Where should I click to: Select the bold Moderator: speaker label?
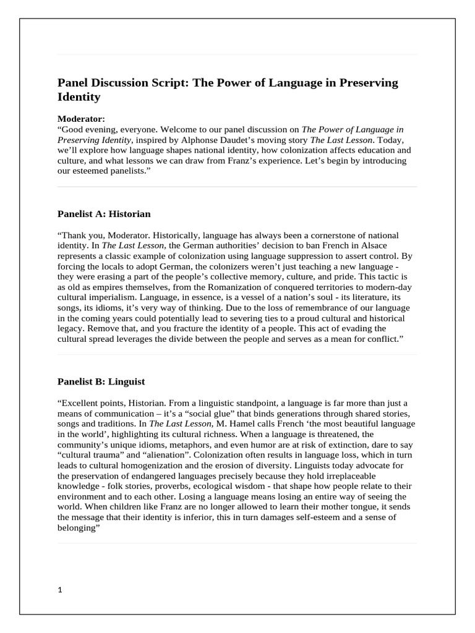(x=81, y=118)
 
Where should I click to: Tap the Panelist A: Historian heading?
(x=104, y=214)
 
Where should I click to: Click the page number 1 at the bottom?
(x=59, y=590)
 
